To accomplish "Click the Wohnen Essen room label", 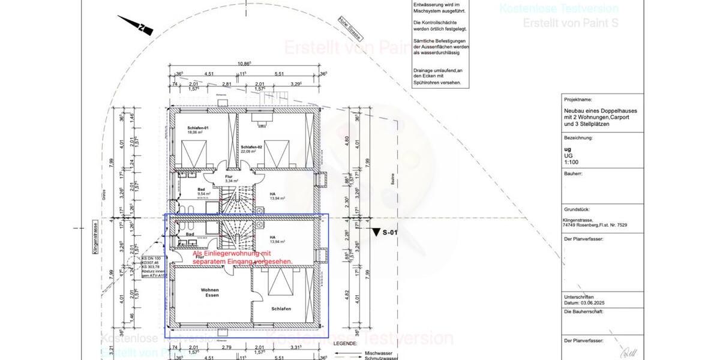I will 209,293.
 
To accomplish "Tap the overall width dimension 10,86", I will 244,64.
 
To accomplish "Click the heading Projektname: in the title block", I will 578,100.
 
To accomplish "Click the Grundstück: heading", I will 578,211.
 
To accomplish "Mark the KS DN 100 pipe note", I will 150,257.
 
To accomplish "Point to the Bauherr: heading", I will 574,173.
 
